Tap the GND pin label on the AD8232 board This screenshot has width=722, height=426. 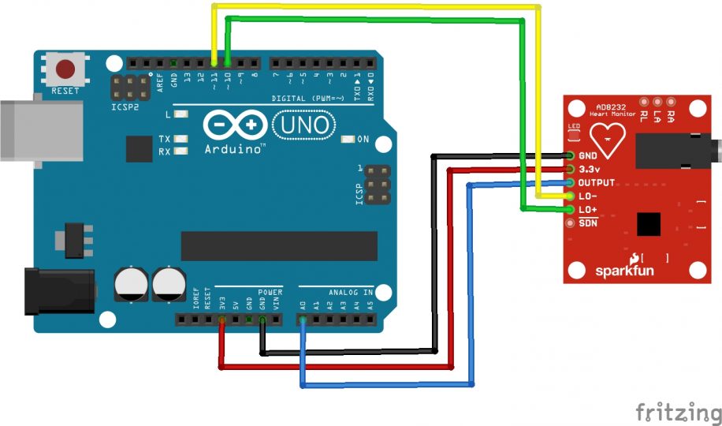click(x=588, y=156)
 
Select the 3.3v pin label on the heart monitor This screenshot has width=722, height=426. click(x=590, y=169)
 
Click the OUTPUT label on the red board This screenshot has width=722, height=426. click(x=596, y=182)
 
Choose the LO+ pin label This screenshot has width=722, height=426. click(x=588, y=209)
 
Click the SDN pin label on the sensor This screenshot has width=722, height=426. click(x=588, y=223)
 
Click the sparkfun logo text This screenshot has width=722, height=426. click(x=624, y=271)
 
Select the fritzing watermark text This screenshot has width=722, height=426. click(x=678, y=412)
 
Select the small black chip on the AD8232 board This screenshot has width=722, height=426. click(x=648, y=224)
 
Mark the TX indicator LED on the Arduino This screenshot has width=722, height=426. click(x=182, y=139)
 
